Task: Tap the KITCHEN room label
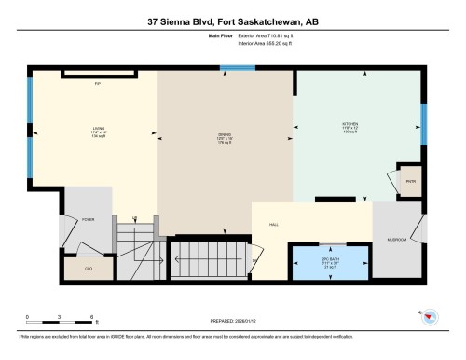(349, 123)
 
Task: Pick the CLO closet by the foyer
(88, 268)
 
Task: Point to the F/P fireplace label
(97, 84)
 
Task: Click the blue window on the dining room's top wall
(231, 67)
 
